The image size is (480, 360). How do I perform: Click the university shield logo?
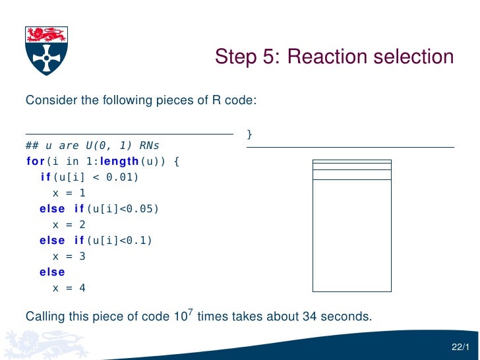[x=45, y=50]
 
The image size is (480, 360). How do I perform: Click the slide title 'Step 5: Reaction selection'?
[x=334, y=57]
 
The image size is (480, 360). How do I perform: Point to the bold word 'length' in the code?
[x=121, y=161]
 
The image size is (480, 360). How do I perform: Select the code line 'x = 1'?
[x=69, y=193]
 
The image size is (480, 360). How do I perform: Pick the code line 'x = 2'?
[x=69, y=225]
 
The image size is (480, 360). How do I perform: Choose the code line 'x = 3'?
[x=69, y=256]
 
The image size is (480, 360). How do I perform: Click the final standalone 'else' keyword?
[x=52, y=272]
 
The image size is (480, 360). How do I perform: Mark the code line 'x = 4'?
[x=69, y=288]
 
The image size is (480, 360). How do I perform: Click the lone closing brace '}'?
[x=249, y=135]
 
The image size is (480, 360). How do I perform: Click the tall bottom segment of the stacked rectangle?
[x=351, y=235]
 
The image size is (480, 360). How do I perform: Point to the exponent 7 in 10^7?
[x=189, y=311]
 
